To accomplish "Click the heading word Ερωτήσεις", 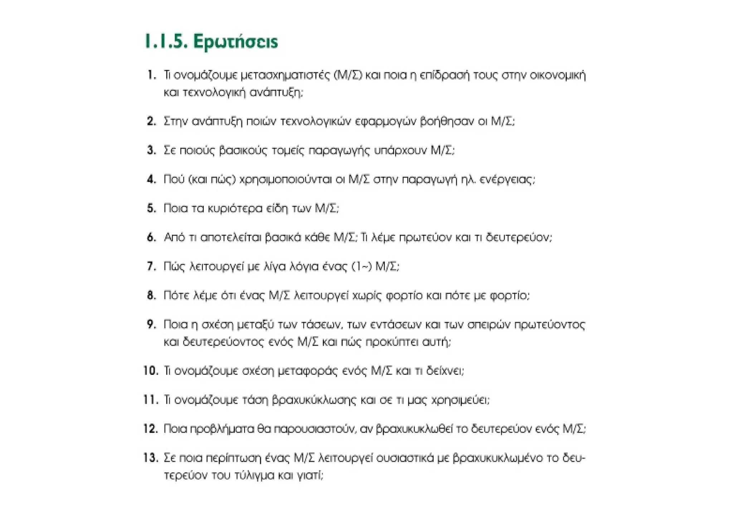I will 236,42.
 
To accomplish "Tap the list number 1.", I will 152,75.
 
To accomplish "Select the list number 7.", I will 152,266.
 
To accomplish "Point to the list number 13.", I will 151,458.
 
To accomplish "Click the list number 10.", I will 151,371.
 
